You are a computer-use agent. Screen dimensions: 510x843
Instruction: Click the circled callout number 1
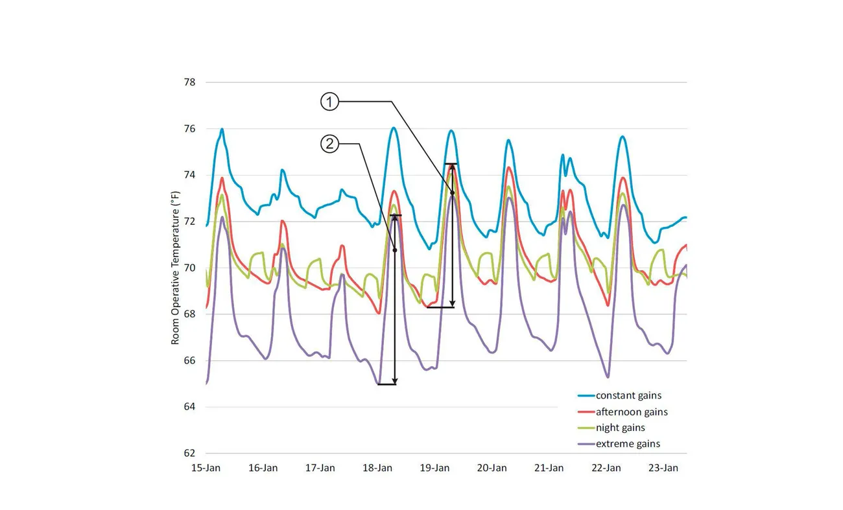(329, 102)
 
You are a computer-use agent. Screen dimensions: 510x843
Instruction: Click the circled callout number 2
(329, 144)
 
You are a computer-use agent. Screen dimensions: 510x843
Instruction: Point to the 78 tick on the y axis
(190, 82)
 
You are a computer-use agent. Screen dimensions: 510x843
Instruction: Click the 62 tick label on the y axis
(190, 453)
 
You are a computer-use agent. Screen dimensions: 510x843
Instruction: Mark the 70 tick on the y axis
(190, 268)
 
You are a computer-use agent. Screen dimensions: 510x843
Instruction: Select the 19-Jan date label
(434, 468)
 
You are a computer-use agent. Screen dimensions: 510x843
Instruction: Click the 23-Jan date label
(663, 468)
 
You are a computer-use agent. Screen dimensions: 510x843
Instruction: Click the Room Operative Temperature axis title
(175, 268)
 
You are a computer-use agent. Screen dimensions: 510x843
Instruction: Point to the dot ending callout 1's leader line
(453, 193)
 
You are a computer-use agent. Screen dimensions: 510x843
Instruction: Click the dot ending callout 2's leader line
(395, 250)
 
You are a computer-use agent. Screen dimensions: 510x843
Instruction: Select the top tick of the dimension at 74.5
(452, 164)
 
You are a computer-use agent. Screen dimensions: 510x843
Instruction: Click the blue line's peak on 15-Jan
(222, 129)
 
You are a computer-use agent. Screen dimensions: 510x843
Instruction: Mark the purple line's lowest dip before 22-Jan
(608, 377)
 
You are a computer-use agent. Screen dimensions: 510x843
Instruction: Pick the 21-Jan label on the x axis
(549, 468)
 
